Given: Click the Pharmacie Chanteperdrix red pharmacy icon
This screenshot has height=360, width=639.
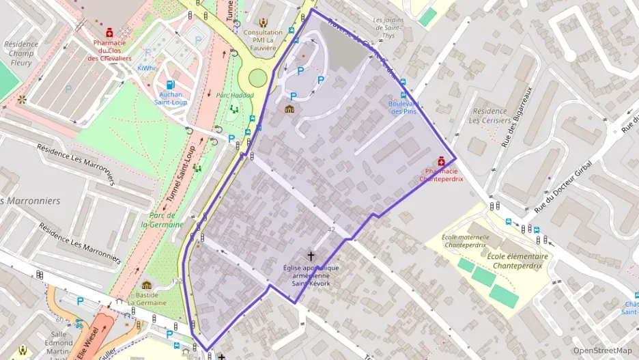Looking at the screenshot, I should pyautogui.click(x=441, y=161).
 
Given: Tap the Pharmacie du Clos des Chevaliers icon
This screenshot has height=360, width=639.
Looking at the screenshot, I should pyautogui.click(x=109, y=31).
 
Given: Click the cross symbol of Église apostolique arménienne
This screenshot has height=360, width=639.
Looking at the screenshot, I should pyautogui.click(x=311, y=255).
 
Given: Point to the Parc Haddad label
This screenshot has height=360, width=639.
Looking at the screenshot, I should pyautogui.click(x=234, y=96).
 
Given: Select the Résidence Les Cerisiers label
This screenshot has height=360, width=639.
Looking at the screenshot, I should pyautogui.click(x=489, y=115).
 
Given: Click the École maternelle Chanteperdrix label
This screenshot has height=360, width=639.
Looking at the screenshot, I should pyautogui.click(x=464, y=239).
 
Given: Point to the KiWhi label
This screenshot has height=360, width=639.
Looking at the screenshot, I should pyautogui.click(x=146, y=68).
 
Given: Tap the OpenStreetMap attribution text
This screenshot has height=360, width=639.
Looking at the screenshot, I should pyautogui.click(x=602, y=350).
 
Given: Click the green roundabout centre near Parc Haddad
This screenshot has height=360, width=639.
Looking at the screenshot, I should pyautogui.click(x=257, y=78).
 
